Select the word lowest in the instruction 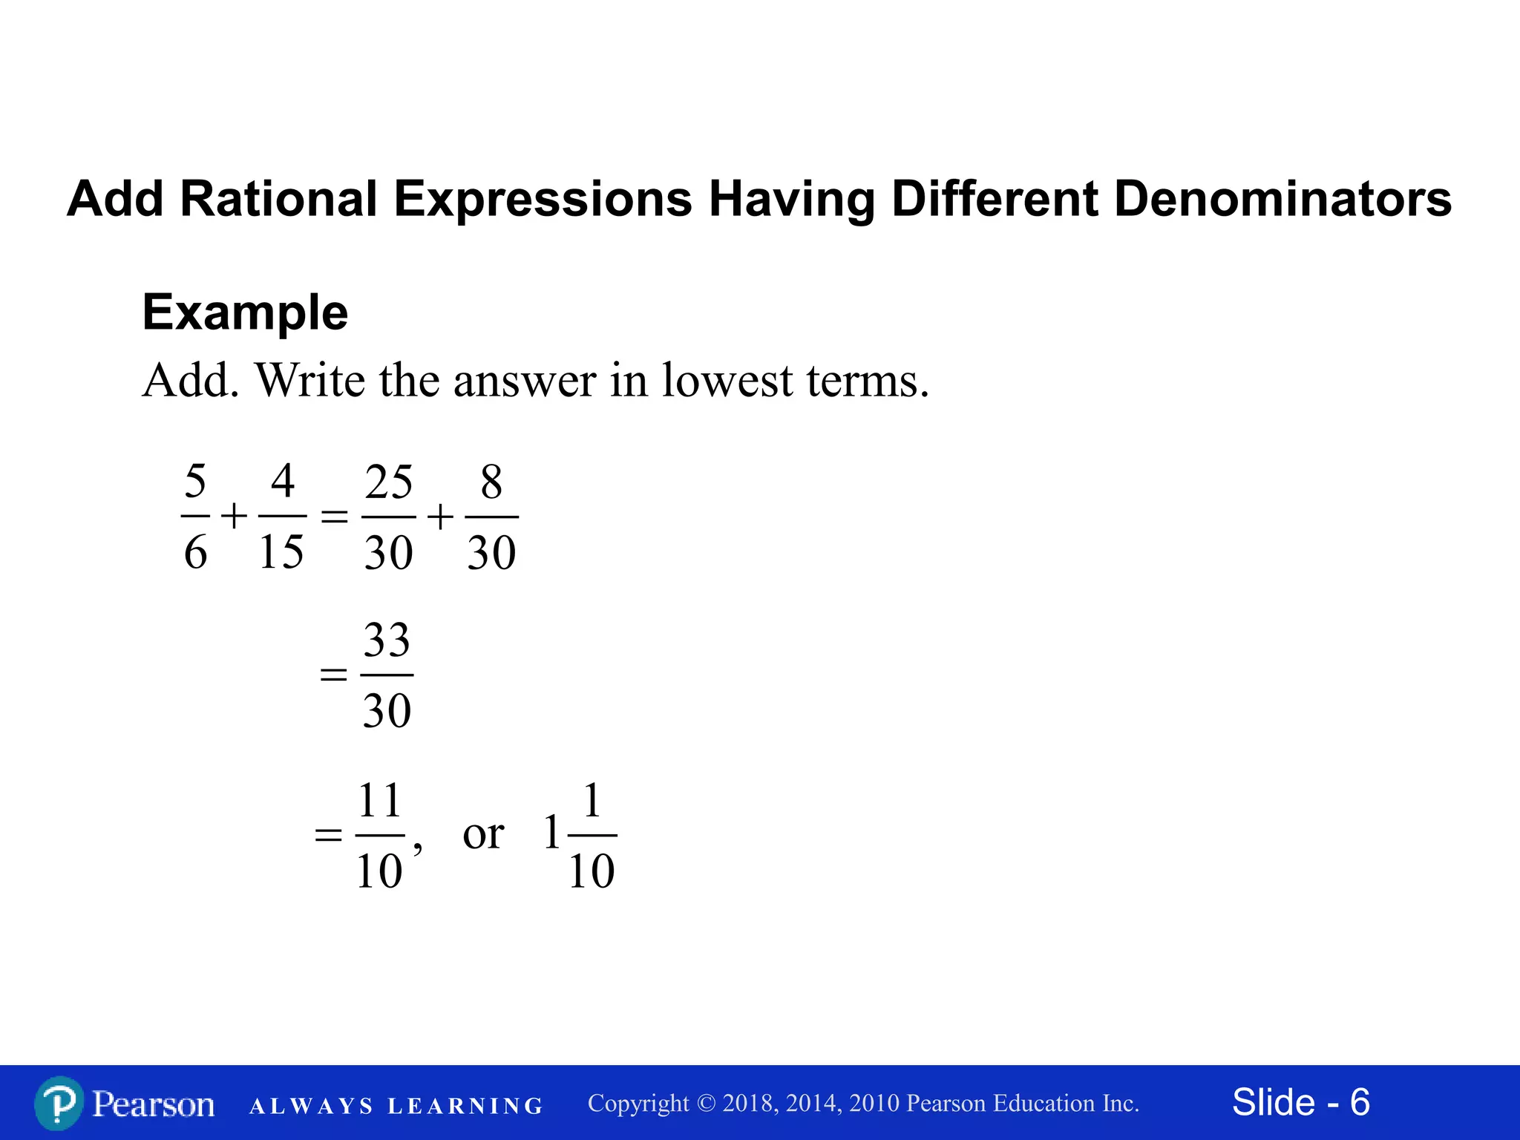tap(727, 381)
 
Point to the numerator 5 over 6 tap(195, 482)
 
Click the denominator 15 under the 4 tap(281, 552)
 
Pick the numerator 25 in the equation tap(388, 482)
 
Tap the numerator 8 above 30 tap(491, 482)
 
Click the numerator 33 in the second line tap(387, 641)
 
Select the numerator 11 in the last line tap(380, 801)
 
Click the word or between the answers tap(483, 834)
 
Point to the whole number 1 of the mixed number tap(551, 833)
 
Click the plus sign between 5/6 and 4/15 tap(234, 516)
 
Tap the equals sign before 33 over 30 tap(333, 675)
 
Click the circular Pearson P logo tap(59, 1104)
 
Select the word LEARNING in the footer tap(465, 1107)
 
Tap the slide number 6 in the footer tap(1360, 1102)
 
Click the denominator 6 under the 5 tap(195, 552)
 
